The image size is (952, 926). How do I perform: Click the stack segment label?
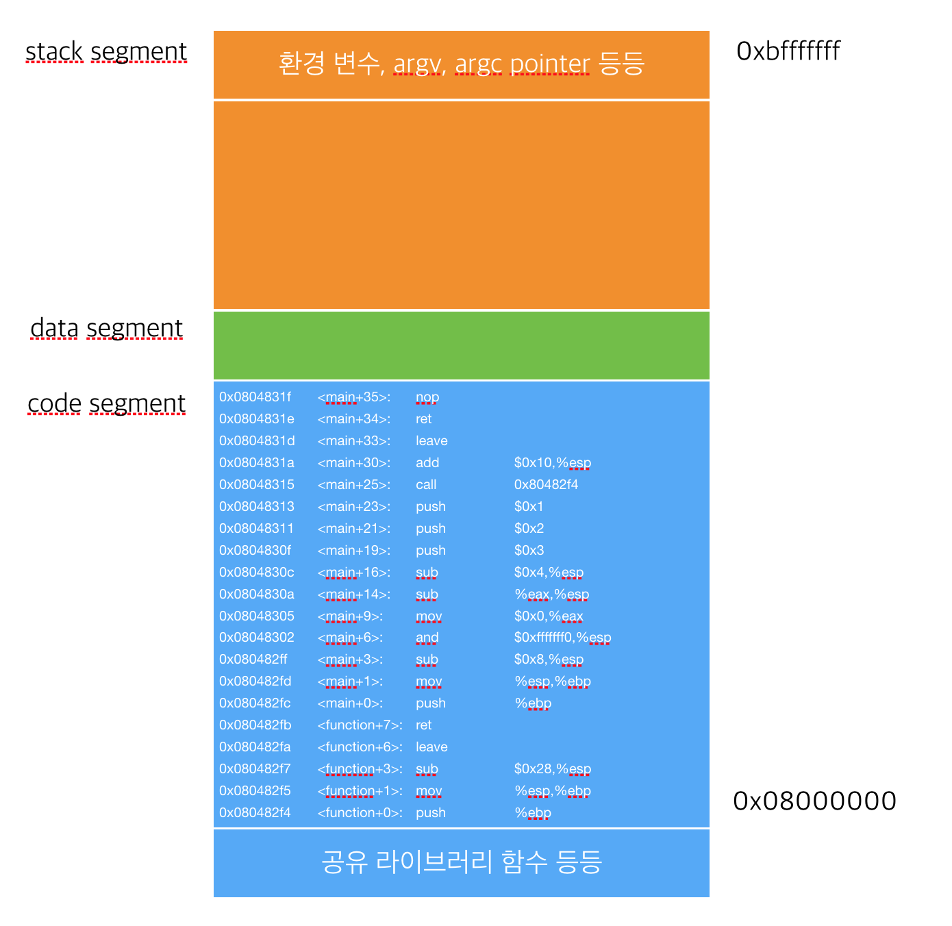(106, 52)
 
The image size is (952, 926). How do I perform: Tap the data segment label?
(106, 329)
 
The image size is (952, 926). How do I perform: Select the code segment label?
(106, 404)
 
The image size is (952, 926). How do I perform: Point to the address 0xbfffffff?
(788, 51)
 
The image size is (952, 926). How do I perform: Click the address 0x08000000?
(814, 801)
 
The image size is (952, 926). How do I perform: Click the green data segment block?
(461, 345)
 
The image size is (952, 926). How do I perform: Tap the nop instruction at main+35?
(427, 397)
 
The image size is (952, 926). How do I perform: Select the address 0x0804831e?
(256, 419)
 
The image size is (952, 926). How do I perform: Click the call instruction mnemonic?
(425, 485)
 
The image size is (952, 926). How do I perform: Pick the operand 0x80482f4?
(546, 485)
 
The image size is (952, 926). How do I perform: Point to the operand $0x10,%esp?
(552, 463)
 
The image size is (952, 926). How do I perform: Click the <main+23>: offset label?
(353, 507)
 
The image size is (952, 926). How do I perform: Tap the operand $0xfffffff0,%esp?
(562, 638)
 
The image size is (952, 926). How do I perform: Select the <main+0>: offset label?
(350, 703)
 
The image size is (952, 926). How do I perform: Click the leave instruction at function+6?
(431, 747)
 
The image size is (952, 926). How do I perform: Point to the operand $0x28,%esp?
(552, 769)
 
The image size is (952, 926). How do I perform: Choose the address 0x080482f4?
(255, 813)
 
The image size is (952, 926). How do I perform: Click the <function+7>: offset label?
(360, 725)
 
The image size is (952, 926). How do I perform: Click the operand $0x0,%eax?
(549, 616)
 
